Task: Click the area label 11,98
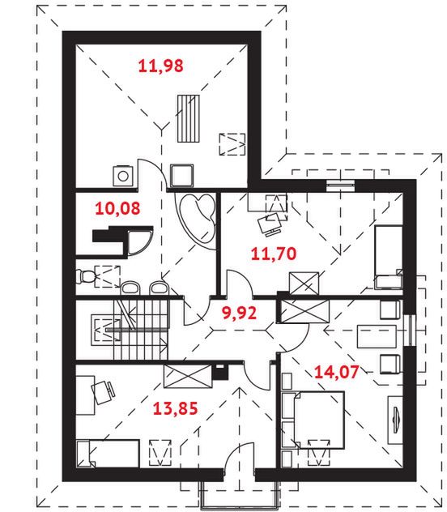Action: (161, 66)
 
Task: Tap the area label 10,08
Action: (117, 208)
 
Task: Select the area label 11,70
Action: (274, 254)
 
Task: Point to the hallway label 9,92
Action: (239, 313)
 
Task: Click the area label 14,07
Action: (336, 372)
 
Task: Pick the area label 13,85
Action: (175, 408)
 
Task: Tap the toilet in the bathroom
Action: (84, 277)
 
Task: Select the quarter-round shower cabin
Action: (139, 242)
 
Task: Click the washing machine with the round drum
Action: (123, 176)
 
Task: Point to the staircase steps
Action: (141, 330)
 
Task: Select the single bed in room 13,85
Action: (108, 454)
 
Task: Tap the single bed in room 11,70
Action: (389, 258)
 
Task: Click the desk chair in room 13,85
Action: (103, 392)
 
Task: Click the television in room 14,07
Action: (395, 420)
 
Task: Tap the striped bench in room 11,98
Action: (188, 118)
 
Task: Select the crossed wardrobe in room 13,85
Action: (187, 376)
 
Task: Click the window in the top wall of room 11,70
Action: (340, 186)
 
